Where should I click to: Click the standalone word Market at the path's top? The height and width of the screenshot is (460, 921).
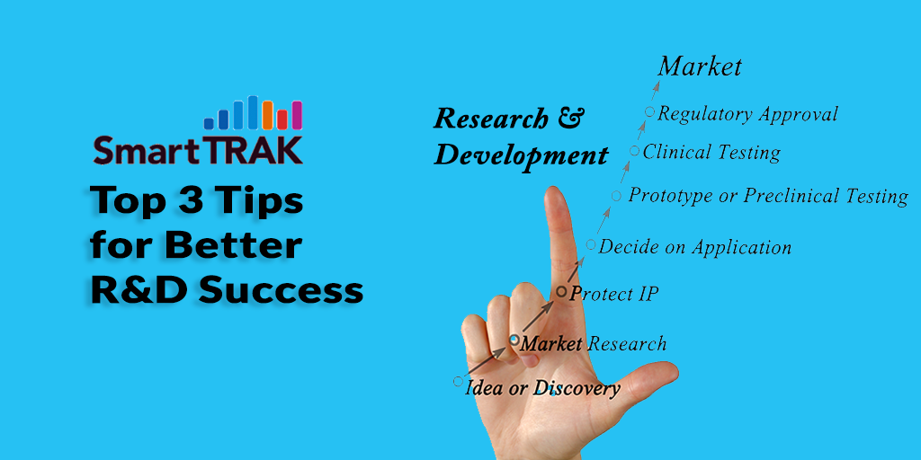[x=700, y=66]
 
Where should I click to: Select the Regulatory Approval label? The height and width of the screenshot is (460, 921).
[x=747, y=114]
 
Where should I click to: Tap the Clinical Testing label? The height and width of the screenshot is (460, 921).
[x=711, y=153]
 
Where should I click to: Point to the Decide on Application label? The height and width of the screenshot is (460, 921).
[x=694, y=247]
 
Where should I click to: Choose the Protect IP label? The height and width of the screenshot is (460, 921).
[x=613, y=294]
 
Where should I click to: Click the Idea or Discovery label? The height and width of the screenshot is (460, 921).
[x=542, y=388]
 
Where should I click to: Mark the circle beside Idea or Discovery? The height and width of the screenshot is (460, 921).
[x=458, y=381]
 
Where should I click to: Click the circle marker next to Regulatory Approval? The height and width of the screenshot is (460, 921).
[x=649, y=111]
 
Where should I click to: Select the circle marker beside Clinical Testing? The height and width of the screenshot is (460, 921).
[x=634, y=151]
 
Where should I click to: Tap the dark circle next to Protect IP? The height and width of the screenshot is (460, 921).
[x=561, y=291]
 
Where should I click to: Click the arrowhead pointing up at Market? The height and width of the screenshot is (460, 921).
[x=657, y=86]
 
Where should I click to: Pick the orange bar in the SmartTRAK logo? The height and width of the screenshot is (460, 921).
[x=268, y=115]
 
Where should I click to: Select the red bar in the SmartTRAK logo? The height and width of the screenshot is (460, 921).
[x=282, y=119]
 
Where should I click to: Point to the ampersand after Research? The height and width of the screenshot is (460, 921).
[x=568, y=119]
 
